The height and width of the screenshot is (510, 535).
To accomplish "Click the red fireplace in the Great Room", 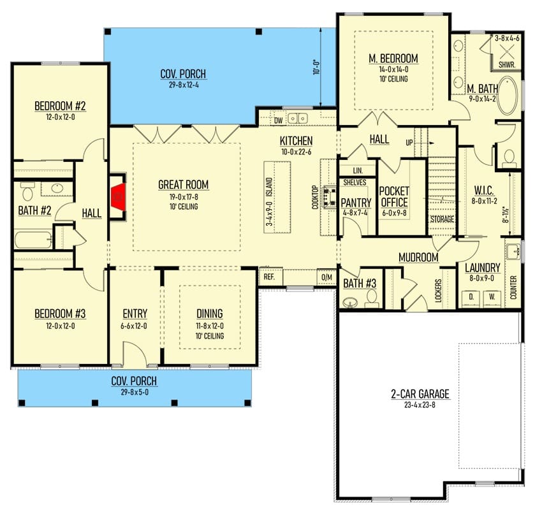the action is coord(118,197).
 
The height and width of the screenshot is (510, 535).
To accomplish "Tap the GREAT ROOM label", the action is coord(183,184).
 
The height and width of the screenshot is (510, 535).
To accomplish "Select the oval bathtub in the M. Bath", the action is coord(507,95).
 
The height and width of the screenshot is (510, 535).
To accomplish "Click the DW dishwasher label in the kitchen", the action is coord(279,120).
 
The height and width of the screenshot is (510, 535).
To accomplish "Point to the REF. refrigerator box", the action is coord(270,277).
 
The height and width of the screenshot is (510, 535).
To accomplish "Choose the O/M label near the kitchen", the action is coord(327,277).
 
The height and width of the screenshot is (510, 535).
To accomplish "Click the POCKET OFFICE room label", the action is coord(394,196).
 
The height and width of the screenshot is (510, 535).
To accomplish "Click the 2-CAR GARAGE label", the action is coord(420,394).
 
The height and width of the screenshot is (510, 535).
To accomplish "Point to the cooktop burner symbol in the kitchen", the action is coord(330,197).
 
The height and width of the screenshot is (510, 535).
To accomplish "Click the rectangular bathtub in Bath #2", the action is coord(33,240).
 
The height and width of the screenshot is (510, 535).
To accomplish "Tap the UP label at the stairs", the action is coord(409,143).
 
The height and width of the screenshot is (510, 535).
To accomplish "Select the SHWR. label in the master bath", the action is coord(507,65).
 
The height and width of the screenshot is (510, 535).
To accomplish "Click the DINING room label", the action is coord(210,314).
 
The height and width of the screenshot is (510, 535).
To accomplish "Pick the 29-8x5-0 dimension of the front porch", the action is coord(135,392).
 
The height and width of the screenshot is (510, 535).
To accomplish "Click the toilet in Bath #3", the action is coord(371,298).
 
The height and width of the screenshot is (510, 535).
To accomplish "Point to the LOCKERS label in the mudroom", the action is coord(439,291).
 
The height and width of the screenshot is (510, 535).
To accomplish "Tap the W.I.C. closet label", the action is coord(484,191).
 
